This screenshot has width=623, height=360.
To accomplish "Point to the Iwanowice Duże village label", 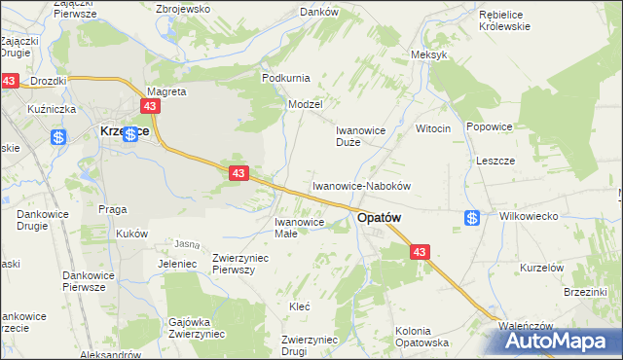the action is [361, 135].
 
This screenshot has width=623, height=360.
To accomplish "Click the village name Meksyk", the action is [429, 54].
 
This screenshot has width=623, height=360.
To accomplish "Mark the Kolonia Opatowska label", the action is [421, 337].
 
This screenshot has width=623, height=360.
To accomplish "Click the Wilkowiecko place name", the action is [527, 218].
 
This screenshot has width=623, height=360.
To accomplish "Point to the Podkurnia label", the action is [284, 77].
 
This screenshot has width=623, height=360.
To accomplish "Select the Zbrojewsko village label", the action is [184, 9].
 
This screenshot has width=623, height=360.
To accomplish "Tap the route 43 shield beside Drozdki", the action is [10, 82].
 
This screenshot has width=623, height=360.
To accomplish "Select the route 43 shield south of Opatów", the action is [420, 252].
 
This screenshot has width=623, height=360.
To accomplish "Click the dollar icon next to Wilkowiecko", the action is [472, 218].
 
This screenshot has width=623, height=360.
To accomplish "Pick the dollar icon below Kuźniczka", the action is [58, 138].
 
